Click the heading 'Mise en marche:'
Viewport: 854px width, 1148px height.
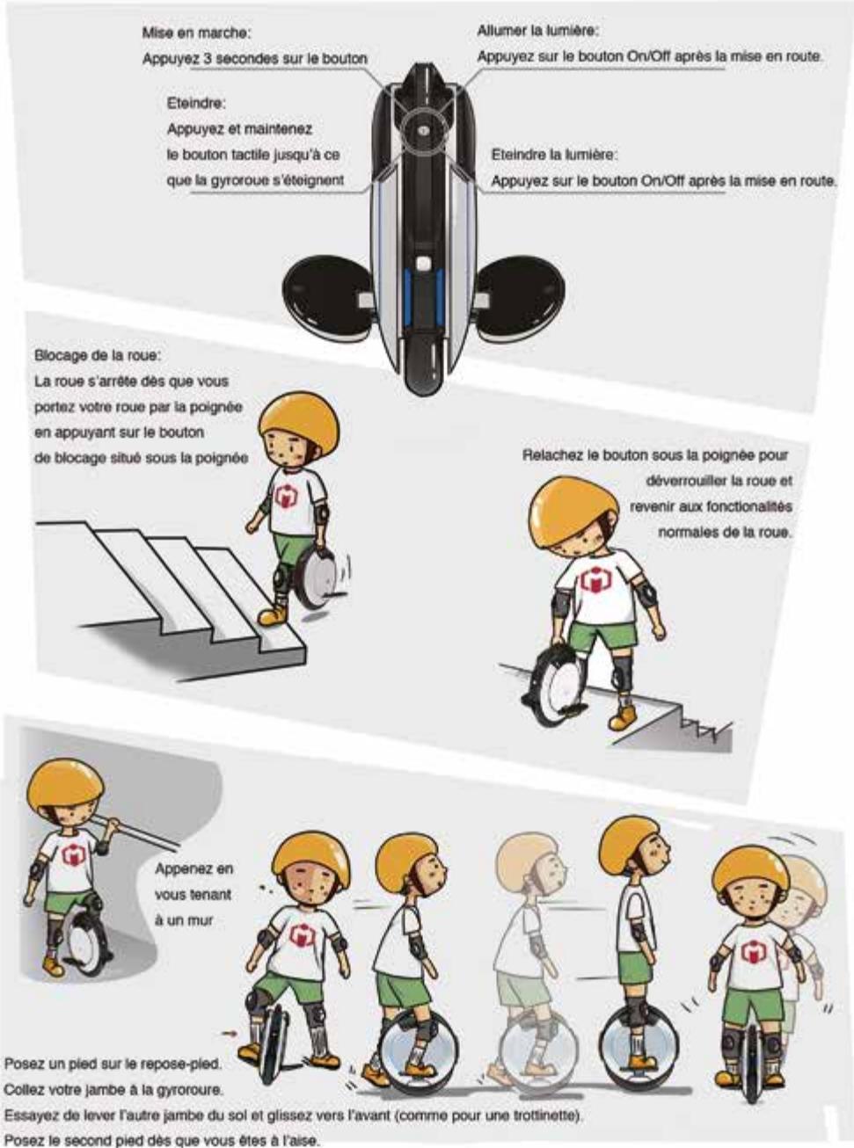196,33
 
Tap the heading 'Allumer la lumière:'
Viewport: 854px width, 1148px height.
537,31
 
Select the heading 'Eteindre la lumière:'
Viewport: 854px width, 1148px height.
554,155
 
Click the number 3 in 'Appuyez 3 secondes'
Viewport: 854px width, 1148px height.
208,60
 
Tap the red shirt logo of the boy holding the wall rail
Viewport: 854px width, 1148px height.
70,855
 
